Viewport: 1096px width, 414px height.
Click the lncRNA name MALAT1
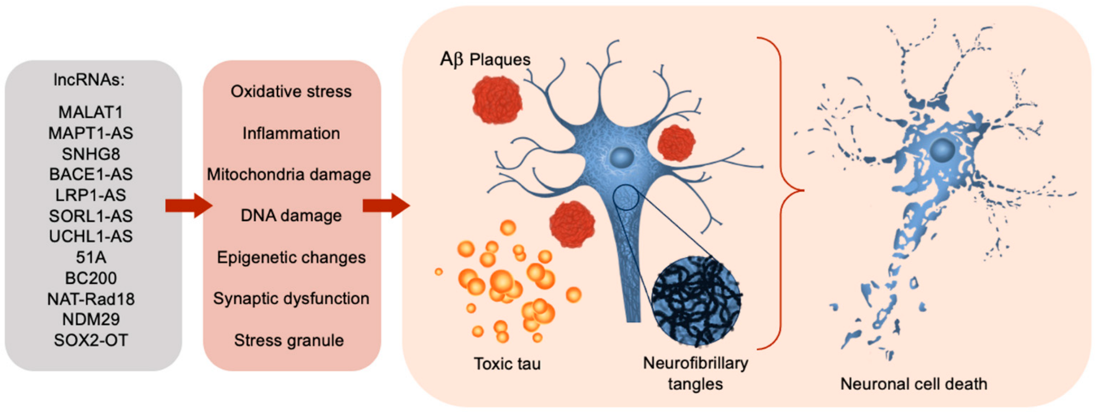click(90, 112)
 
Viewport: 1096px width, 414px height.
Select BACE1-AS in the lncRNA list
click(90, 174)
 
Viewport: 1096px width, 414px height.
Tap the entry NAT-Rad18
click(90, 299)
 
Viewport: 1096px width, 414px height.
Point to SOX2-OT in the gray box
click(90, 340)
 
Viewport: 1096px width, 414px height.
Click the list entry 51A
click(90, 257)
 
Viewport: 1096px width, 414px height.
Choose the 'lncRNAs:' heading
click(89, 80)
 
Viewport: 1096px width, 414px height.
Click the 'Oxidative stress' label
click(291, 91)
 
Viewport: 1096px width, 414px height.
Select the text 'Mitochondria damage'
click(289, 174)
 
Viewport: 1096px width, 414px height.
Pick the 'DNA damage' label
click(291, 216)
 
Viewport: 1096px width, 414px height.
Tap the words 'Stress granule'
click(289, 340)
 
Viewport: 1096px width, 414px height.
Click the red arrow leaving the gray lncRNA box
click(188, 206)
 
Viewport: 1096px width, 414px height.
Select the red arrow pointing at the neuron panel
click(386, 206)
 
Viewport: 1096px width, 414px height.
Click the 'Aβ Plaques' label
click(485, 59)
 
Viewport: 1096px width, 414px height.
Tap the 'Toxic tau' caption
click(507, 363)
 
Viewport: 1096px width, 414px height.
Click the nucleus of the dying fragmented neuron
click(942, 150)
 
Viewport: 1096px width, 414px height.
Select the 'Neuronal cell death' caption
click(914, 384)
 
